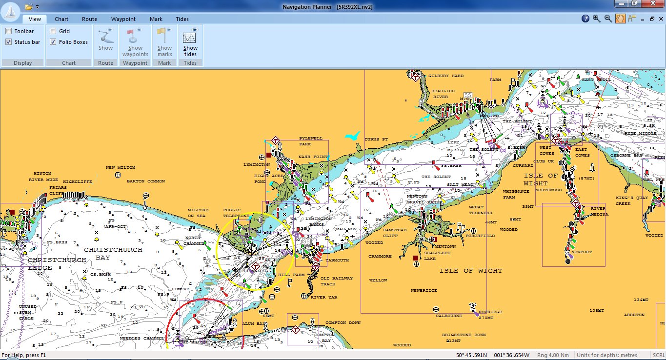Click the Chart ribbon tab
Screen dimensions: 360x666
[x=61, y=19]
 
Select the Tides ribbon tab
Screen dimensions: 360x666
[x=182, y=19]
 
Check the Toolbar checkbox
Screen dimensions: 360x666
[x=9, y=31]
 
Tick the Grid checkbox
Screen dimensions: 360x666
[x=53, y=31]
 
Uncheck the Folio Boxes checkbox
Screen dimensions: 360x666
[x=53, y=42]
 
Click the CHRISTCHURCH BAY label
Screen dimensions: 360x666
[x=113, y=253]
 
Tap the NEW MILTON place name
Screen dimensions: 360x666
[x=120, y=168]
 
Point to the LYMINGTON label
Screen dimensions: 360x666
[x=256, y=165]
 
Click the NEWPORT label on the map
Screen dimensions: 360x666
[x=581, y=252]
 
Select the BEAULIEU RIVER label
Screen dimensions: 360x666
[x=441, y=94]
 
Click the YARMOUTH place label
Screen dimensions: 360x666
[x=337, y=260]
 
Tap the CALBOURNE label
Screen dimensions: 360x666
[x=449, y=316]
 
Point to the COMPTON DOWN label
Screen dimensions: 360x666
[x=343, y=323]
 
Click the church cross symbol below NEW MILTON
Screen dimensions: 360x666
[x=118, y=175]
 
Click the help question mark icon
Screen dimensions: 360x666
[x=585, y=19]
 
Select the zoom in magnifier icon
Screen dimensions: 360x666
[x=597, y=19]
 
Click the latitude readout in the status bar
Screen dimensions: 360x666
[x=471, y=355]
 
